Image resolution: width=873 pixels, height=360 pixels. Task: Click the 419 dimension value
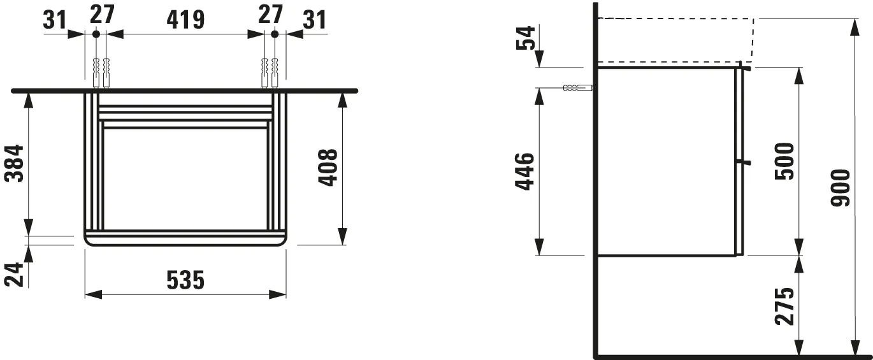pos(185,19)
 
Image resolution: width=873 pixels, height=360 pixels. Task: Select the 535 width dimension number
pos(185,280)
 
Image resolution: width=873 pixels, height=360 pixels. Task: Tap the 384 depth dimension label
pos(15,164)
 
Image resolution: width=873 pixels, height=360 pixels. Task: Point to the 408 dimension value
pos(328,168)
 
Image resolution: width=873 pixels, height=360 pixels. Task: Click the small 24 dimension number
pos(15,275)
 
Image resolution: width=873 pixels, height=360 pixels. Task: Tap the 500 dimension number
pos(786,161)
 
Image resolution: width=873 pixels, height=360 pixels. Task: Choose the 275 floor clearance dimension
pos(786,306)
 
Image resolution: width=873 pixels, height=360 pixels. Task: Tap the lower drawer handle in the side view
pos(744,162)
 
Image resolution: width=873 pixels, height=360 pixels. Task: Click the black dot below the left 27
pos(96,33)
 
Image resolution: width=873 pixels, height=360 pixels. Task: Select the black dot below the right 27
pos(275,33)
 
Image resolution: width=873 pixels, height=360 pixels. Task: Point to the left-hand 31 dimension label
pos(55,19)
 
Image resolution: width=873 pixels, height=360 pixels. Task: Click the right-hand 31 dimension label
pos(314,19)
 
